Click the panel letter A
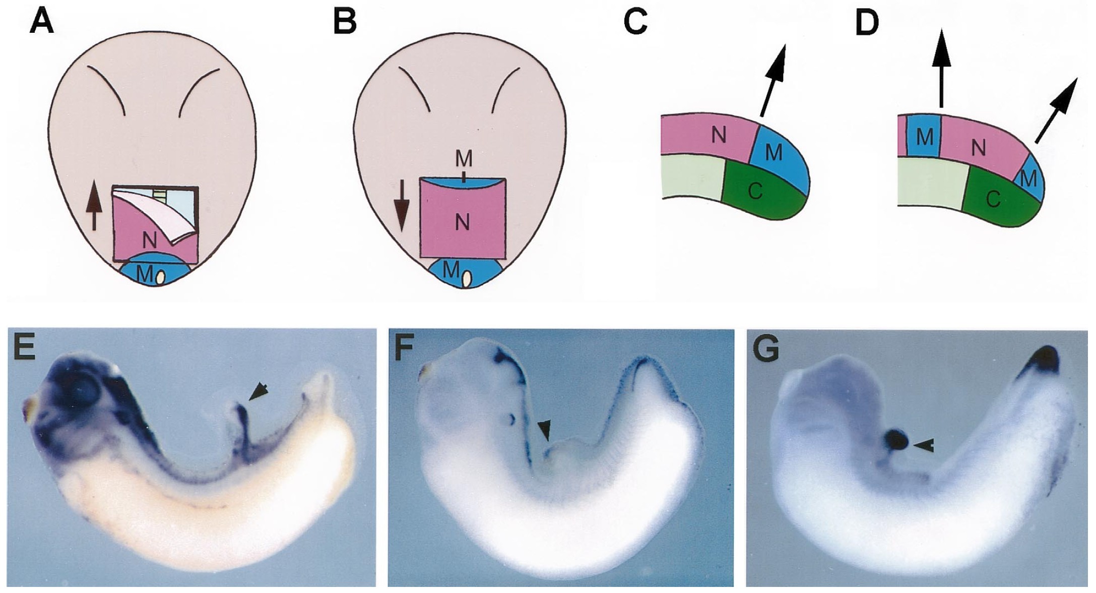click(x=41, y=23)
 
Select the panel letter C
click(x=636, y=23)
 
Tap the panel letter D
click(x=868, y=23)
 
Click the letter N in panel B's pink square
click(x=462, y=221)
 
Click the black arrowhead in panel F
click(x=545, y=432)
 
